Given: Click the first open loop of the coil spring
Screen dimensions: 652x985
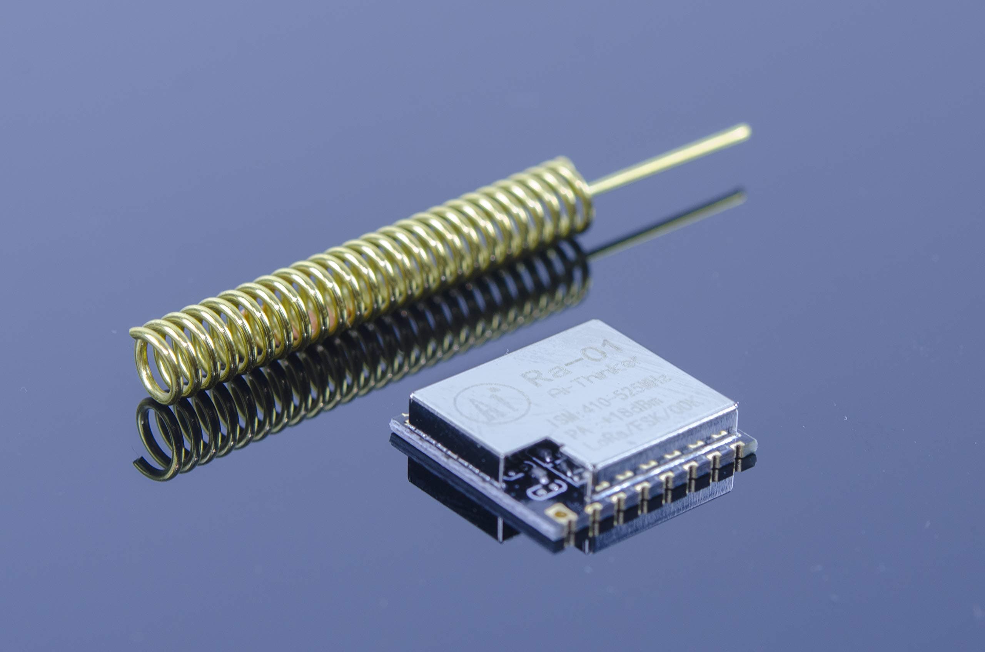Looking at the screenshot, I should click(x=152, y=366).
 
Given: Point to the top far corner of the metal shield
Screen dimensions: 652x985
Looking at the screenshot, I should click(x=599, y=321).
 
